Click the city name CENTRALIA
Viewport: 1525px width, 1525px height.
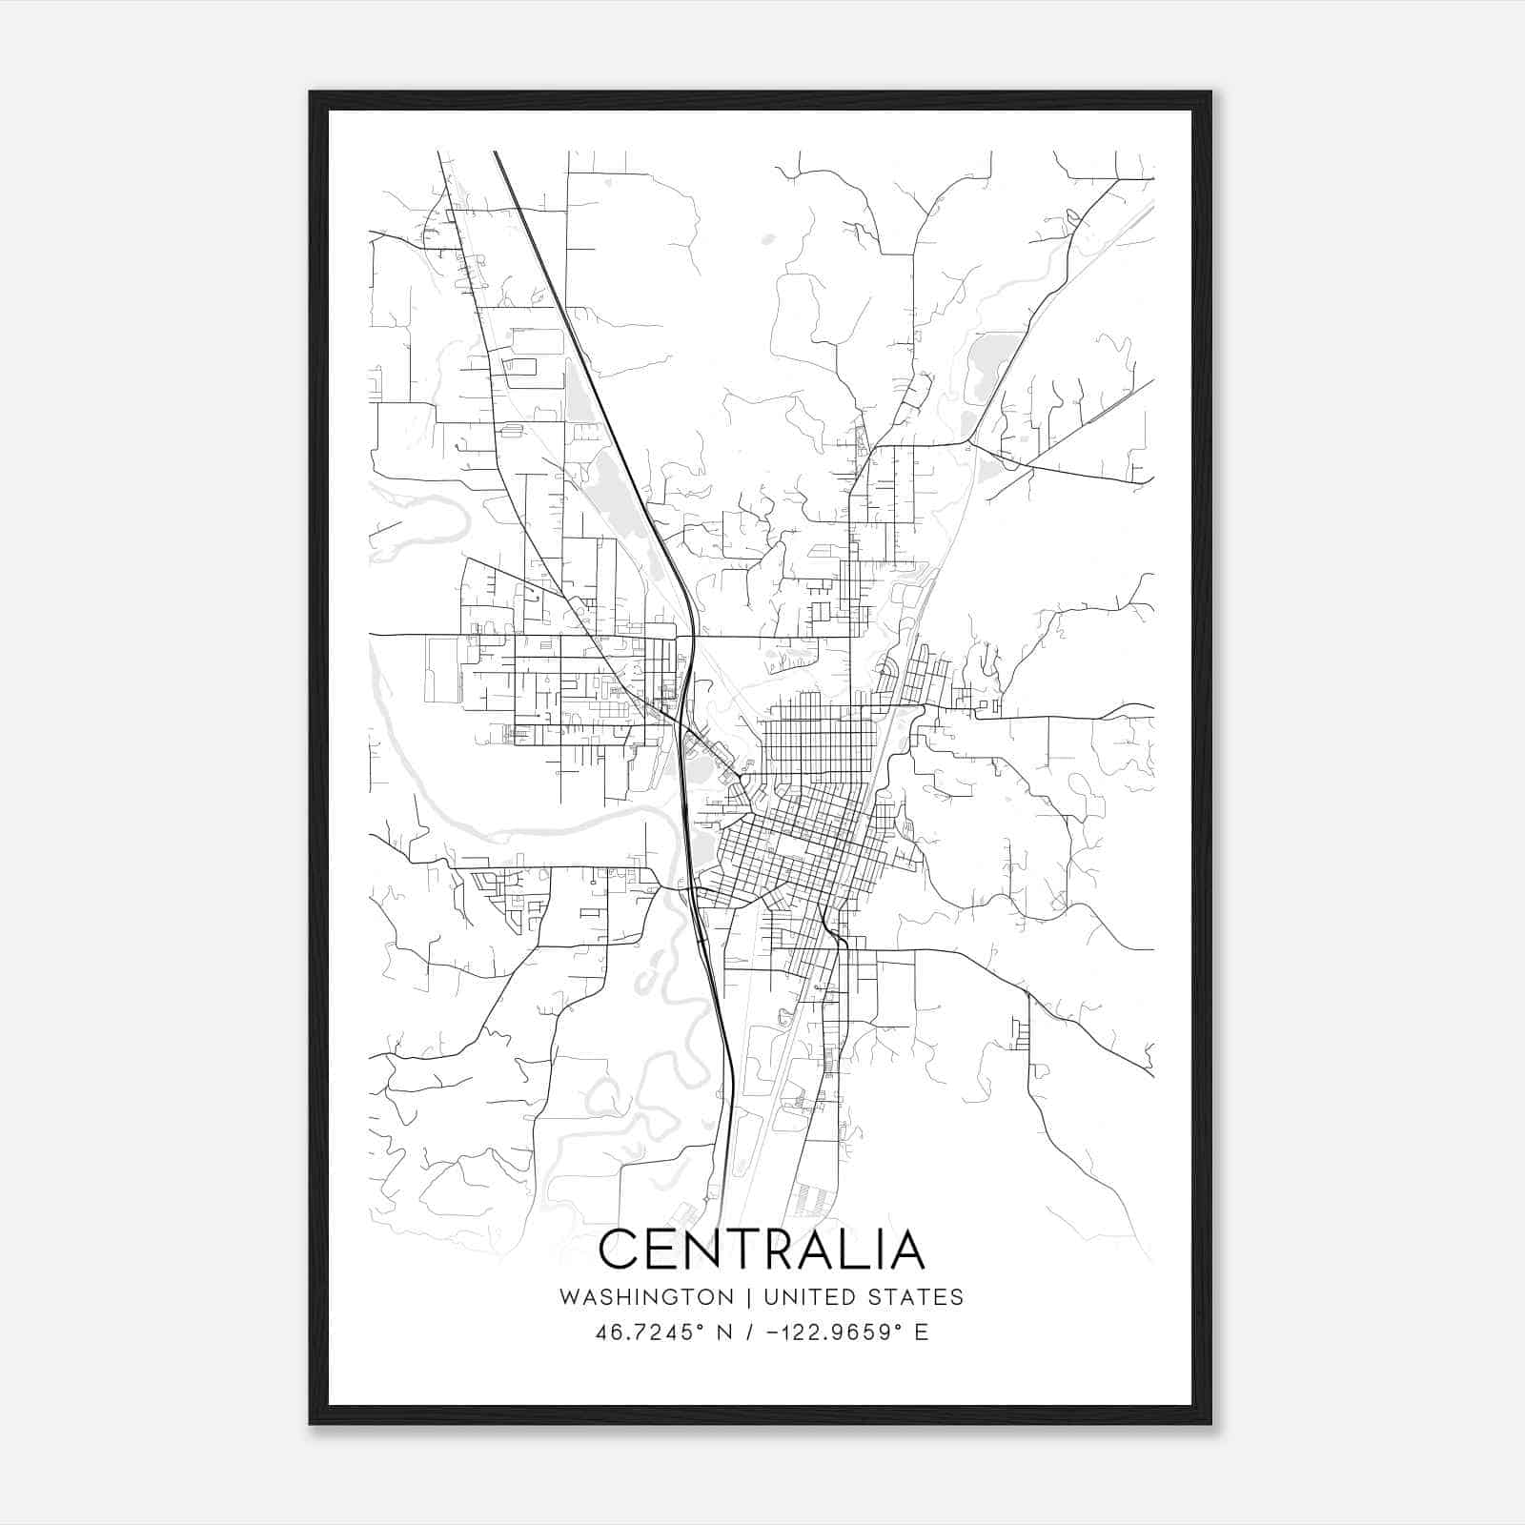pyautogui.click(x=762, y=1249)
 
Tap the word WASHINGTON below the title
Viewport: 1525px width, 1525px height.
pyautogui.click(x=646, y=1297)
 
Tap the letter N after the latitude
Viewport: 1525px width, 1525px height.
pyautogui.click(x=725, y=1332)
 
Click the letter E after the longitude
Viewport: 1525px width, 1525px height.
pyautogui.click(x=921, y=1332)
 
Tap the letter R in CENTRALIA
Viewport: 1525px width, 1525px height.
pyautogui.click(x=780, y=1249)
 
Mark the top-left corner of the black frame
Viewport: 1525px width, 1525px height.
pyautogui.click(x=311, y=92)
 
